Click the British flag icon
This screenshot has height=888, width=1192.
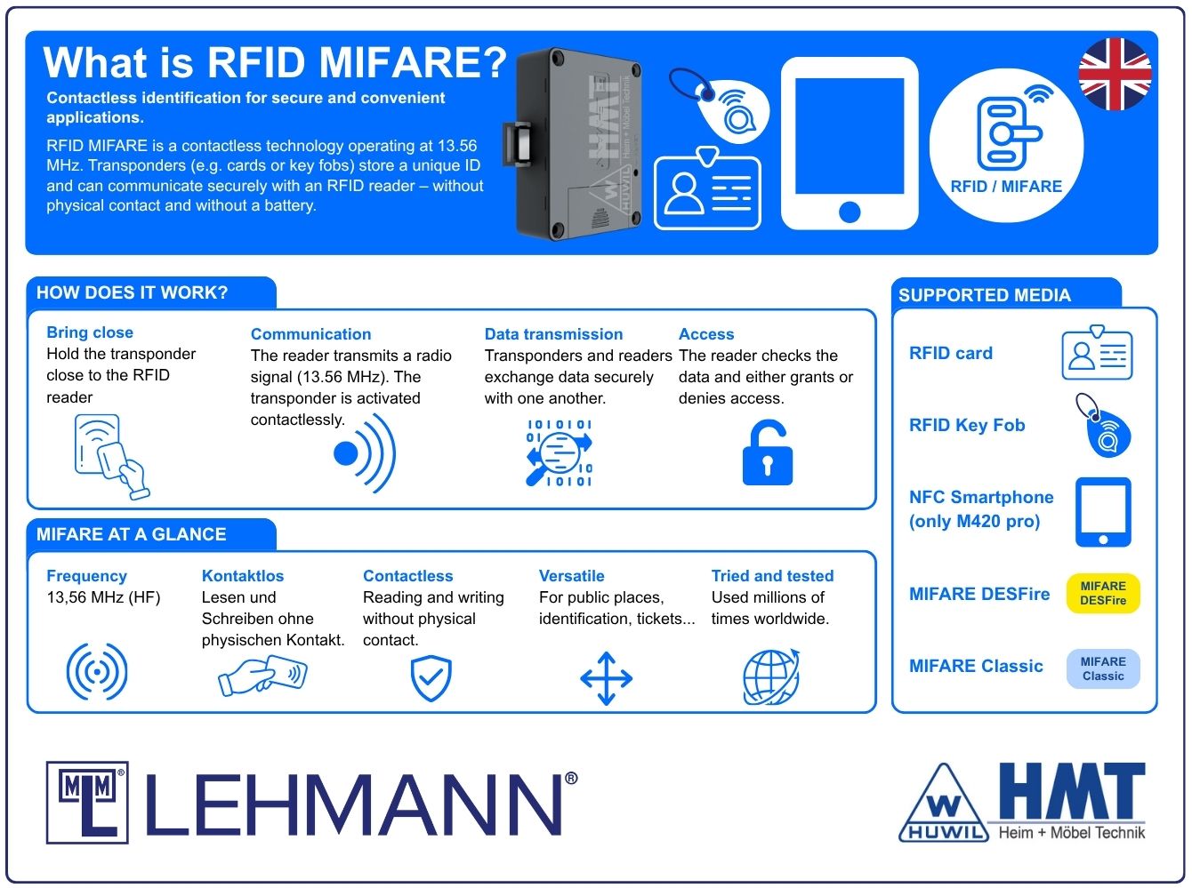(x=1115, y=74)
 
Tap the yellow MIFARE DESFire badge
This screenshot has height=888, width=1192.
(x=1102, y=593)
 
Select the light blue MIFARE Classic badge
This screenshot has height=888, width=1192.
(x=1102, y=668)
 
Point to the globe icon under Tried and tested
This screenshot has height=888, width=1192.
(x=771, y=676)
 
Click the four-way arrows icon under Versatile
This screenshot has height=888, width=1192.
(x=606, y=678)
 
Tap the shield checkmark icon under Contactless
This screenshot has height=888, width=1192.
(x=431, y=678)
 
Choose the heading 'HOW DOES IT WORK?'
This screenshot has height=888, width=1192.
(x=132, y=292)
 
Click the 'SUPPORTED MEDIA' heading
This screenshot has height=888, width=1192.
(x=984, y=294)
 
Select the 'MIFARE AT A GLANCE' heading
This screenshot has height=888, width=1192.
(x=132, y=533)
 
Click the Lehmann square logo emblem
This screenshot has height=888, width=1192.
(x=87, y=802)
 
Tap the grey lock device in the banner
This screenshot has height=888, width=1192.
(x=573, y=143)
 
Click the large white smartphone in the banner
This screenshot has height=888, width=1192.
(x=850, y=143)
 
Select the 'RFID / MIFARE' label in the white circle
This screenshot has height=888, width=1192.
(x=1006, y=186)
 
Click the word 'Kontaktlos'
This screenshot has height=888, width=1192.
(x=243, y=575)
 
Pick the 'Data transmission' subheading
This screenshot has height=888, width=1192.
(x=553, y=333)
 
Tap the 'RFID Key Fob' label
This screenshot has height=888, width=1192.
(x=967, y=425)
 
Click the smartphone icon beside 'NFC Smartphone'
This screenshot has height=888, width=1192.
(x=1103, y=511)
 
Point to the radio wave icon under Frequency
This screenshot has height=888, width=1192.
(x=97, y=672)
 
